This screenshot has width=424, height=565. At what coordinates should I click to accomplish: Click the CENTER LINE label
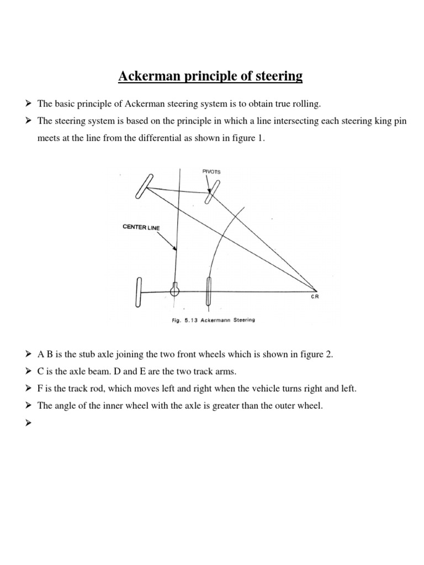pos(141,227)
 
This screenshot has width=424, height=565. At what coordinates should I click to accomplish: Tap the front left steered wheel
pos(142,186)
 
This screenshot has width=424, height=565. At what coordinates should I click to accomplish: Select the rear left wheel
pos(138,291)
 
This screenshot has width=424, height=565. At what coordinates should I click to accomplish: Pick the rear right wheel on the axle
pos(209,291)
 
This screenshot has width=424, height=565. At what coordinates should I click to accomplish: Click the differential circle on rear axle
pos(175,290)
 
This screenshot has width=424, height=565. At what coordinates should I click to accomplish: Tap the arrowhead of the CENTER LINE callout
pos(176,249)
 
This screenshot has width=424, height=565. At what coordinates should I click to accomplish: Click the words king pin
pos(390,121)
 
